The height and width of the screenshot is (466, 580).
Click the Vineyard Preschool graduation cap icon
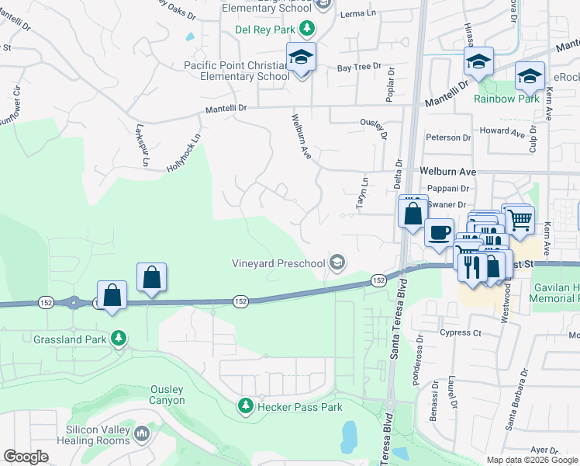click(x=337, y=263)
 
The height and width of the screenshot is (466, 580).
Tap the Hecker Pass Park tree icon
click(x=246, y=406)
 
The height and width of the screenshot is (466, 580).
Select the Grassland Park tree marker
click(x=118, y=339)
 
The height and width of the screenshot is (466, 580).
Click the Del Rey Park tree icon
click(x=308, y=29)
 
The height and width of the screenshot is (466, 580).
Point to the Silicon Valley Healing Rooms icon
click(x=142, y=433)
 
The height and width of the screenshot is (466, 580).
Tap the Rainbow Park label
click(x=506, y=99)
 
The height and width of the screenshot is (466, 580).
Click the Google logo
click(x=26, y=457)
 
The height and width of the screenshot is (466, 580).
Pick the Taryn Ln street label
click(x=361, y=194)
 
